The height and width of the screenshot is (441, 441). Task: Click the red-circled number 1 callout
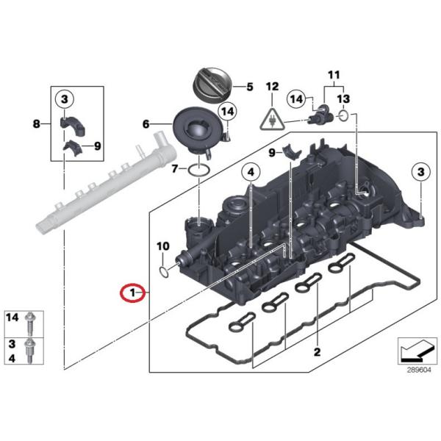132,293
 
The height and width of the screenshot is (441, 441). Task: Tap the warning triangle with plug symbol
272,119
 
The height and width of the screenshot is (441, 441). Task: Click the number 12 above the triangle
272,87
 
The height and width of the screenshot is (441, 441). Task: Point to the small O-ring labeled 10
163,272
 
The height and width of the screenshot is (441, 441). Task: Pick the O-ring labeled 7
199,171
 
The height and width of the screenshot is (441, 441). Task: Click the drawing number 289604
419,370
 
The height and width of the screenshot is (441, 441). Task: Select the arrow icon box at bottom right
417,351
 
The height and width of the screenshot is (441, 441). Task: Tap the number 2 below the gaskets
317,352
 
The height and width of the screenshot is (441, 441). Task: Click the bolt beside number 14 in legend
30,323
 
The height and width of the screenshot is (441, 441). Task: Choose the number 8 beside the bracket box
37,123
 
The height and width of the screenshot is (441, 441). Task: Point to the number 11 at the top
334,75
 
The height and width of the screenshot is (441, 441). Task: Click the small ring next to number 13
343,115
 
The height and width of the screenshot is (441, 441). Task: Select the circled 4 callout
251,172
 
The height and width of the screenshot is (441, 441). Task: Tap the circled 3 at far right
420,172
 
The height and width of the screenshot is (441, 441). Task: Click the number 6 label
146,123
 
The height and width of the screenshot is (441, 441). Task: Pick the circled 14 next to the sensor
296,99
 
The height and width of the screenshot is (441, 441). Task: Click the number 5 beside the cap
250,87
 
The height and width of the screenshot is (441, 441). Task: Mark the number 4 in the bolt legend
12,358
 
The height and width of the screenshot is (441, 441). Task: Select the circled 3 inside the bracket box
65,99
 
